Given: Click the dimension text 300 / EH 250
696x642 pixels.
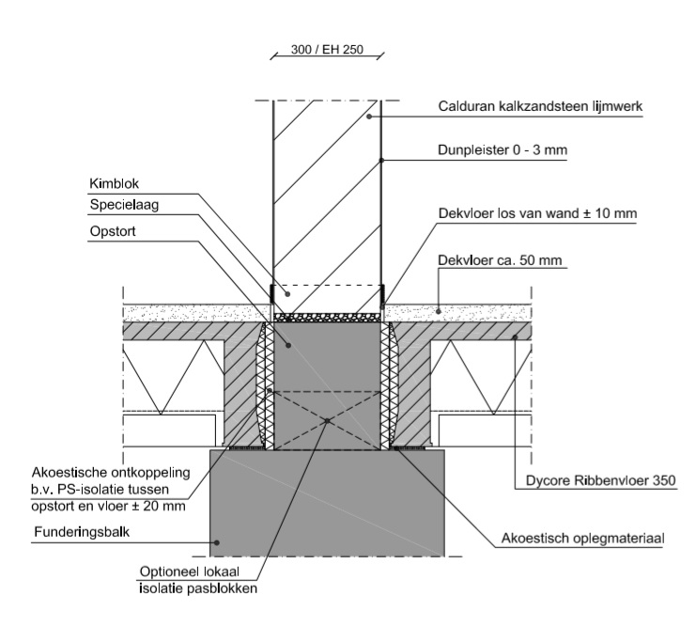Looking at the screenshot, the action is pyautogui.click(x=327, y=49).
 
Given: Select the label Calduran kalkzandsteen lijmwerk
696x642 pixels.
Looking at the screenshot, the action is pyautogui.click(x=540, y=106).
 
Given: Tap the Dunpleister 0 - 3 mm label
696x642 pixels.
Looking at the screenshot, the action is pyautogui.click(x=503, y=149).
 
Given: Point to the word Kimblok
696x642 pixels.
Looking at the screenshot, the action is pyautogui.click(x=114, y=183).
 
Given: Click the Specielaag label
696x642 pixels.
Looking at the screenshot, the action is pyautogui.click(x=124, y=205).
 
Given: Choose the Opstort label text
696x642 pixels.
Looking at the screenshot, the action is pyautogui.click(x=113, y=231).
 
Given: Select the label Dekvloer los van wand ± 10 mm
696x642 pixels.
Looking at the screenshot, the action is pyautogui.click(x=537, y=213).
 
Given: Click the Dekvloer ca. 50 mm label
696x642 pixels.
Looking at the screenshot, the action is pyautogui.click(x=500, y=260).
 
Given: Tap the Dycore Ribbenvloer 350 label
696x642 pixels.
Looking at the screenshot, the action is pyautogui.click(x=600, y=480).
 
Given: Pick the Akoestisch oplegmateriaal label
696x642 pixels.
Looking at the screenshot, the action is pyautogui.click(x=582, y=538).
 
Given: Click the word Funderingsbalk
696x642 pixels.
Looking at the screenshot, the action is pyautogui.click(x=82, y=532).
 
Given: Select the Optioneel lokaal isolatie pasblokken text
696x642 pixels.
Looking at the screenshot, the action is pyautogui.click(x=198, y=580).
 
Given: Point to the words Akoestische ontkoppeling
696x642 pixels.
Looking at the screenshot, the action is pyautogui.click(x=111, y=472).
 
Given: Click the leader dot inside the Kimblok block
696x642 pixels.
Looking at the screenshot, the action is pyautogui.click(x=287, y=294).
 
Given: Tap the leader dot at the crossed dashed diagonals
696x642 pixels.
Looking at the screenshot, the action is pyautogui.click(x=327, y=420).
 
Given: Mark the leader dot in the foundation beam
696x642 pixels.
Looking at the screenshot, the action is pyautogui.click(x=217, y=542).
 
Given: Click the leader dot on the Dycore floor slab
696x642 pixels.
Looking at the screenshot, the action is pyautogui.click(x=515, y=337).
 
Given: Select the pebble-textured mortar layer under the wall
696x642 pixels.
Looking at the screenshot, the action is pyautogui.click(x=327, y=317).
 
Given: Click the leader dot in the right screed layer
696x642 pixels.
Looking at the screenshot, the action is pyautogui.click(x=439, y=311).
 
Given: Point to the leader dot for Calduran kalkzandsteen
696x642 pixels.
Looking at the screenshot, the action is pyautogui.click(x=369, y=117).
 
